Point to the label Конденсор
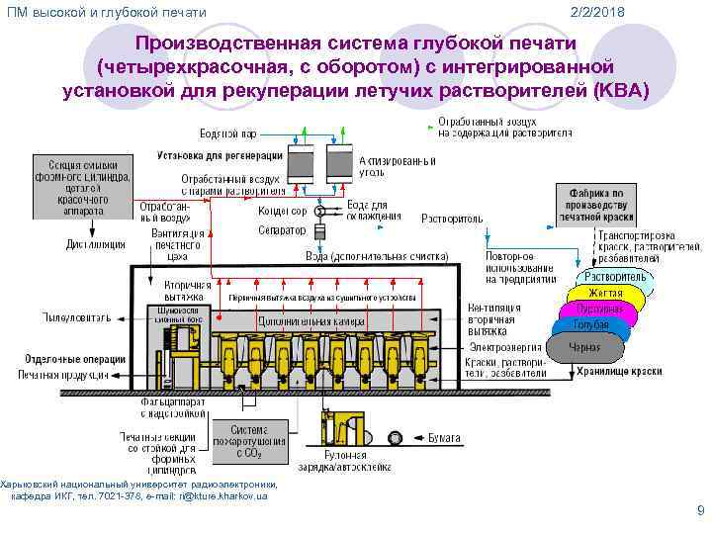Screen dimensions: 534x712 (282, 211)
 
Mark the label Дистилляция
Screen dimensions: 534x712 (96, 242)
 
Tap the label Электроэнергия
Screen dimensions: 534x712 (503, 346)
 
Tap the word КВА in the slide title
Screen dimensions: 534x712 (624, 92)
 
